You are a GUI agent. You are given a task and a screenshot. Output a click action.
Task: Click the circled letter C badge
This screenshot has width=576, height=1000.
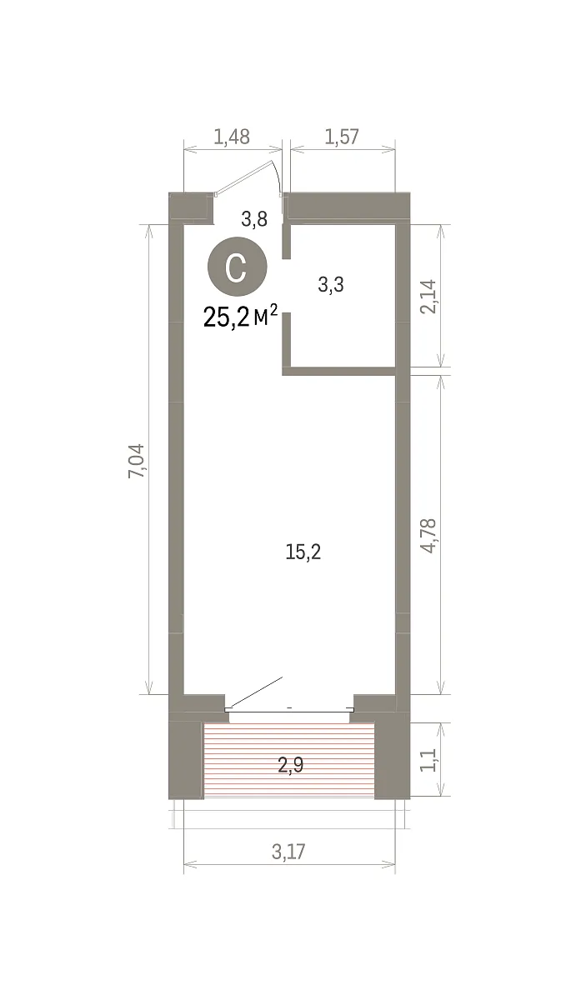(x=237, y=267)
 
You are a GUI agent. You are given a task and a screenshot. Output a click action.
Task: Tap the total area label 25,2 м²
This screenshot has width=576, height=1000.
(x=240, y=317)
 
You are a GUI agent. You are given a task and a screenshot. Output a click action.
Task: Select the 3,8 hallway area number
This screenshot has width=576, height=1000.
(x=254, y=220)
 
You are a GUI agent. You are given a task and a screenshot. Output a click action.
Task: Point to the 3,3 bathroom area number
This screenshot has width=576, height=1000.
(x=331, y=284)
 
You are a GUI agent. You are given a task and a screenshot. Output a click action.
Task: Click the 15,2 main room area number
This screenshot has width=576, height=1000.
(x=303, y=552)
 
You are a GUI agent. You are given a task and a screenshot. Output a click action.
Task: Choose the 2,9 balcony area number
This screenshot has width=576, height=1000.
(x=291, y=765)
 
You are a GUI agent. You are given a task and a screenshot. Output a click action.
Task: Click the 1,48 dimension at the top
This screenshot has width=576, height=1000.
(x=231, y=137)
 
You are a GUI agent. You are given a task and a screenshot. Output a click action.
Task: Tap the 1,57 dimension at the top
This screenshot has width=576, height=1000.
(x=342, y=137)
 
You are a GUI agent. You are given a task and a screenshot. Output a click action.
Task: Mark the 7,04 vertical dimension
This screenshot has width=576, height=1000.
(x=137, y=461)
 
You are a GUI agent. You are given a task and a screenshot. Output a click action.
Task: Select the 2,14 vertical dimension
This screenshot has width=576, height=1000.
(x=428, y=297)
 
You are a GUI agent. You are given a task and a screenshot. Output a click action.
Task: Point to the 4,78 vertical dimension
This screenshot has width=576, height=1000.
(x=428, y=536)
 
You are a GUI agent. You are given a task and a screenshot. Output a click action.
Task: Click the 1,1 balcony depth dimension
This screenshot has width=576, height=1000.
(x=428, y=760)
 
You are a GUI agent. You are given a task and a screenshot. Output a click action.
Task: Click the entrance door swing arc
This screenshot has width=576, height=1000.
(x=278, y=177)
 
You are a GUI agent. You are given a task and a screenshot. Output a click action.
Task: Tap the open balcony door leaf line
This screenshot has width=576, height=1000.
(x=254, y=692)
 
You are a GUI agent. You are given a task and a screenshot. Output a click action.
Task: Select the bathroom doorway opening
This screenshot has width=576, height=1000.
(x=287, y=286)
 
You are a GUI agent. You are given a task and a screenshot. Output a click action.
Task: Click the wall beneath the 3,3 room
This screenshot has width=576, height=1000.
(x=339, y=371)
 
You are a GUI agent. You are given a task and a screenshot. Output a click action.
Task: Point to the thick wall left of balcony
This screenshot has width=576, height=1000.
(x=186, y=760)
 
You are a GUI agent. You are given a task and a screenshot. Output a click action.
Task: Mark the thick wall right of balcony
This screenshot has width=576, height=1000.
(x=392, y=760)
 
